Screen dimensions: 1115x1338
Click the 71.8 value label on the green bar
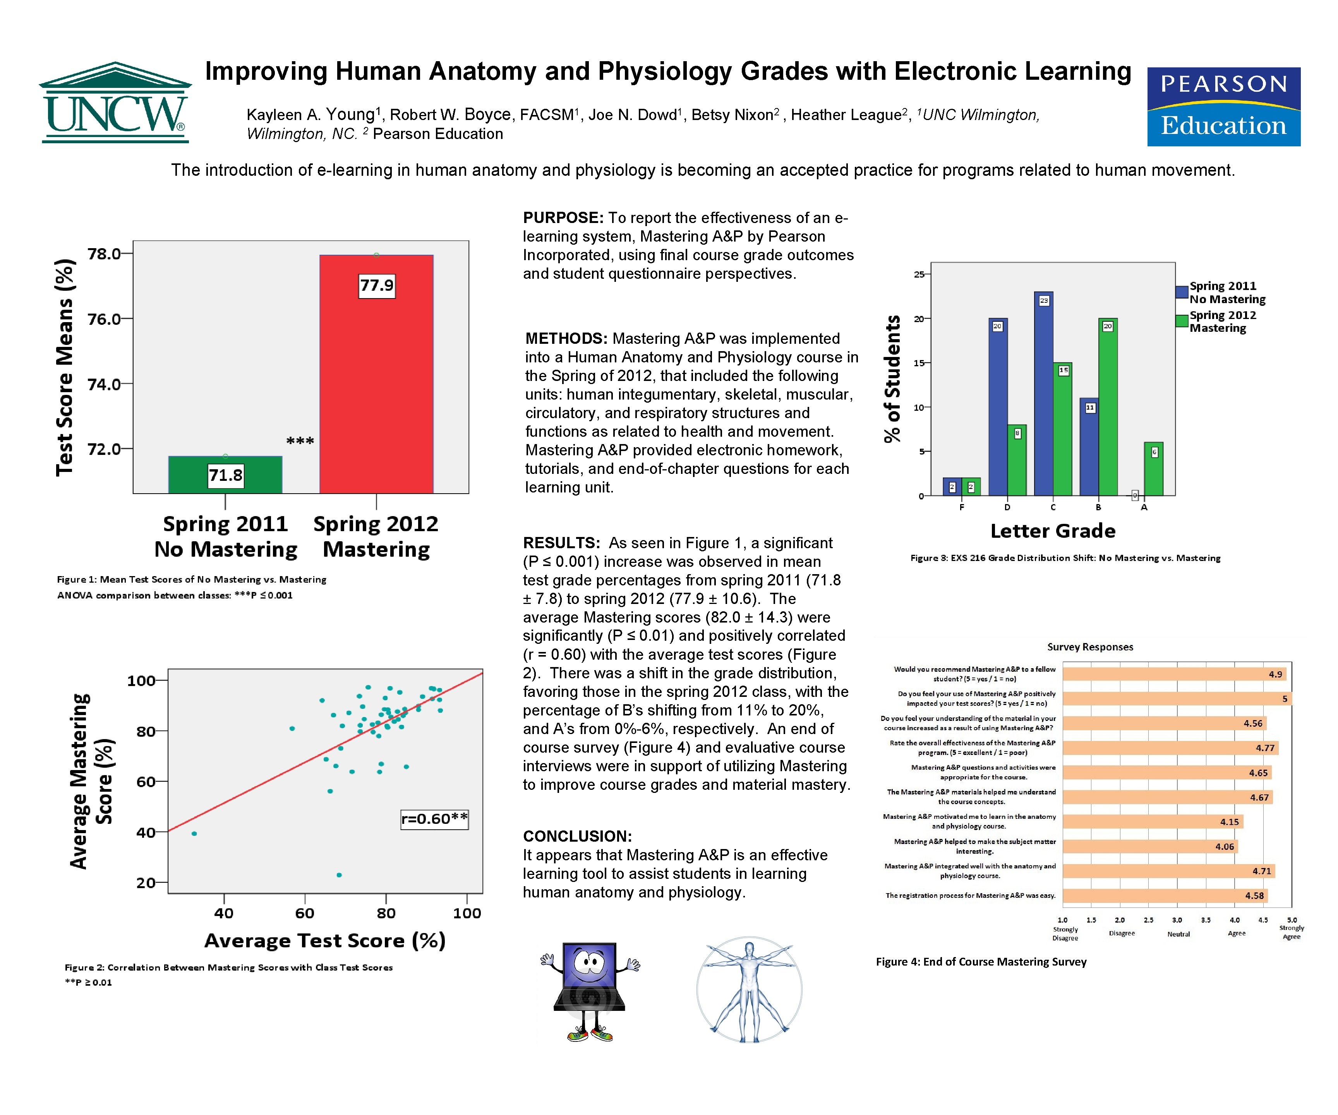point(226,475)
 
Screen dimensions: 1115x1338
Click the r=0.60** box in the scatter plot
point(434,819)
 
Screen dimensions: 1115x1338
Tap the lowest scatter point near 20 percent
point(339,875)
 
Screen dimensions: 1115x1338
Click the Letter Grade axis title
point(1053,531)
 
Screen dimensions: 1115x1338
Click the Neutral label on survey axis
point(1178,934)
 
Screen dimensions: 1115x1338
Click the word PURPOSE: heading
point(563,218)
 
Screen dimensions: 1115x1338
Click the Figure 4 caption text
point(981,961)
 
